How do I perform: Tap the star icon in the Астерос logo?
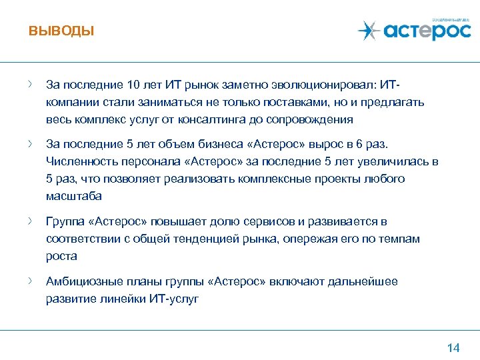(x=368, y=31)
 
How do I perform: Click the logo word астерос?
(x=427, y=31)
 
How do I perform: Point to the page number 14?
(x=453, y=347)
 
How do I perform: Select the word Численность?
(x=77, y=161)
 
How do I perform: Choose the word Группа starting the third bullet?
(x=65, y=221)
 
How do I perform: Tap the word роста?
(x=61, y=256)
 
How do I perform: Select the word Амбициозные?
(x=83, y=281)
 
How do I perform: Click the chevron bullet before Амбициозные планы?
(x=31, y=281)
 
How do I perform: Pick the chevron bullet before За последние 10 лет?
(x=31, y=85)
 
